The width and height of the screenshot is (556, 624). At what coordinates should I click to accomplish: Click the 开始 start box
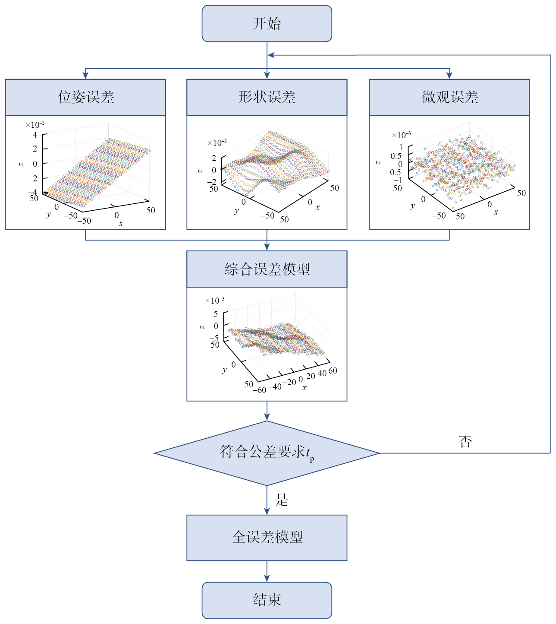tap(267, 24)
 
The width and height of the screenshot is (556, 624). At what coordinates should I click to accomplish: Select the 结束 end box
tap(267, 600)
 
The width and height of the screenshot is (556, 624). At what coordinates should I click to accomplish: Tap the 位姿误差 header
tap(85, 97)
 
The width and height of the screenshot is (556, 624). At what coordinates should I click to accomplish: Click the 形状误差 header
tap(267, 97)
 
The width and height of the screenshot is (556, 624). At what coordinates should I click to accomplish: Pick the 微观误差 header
tap(449, 97)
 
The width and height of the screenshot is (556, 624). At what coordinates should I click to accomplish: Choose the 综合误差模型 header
tap(267, 269)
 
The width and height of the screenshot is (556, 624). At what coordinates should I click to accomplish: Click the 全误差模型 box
tap(267, 537)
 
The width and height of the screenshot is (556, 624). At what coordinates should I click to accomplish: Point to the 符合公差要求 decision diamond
tap(267, 453)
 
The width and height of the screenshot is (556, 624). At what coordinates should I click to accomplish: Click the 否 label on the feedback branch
tap(465, 441)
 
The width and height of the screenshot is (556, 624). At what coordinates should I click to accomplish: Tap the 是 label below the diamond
tap(281, 500)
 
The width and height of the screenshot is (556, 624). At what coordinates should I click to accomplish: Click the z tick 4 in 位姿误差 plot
tap(35, 135)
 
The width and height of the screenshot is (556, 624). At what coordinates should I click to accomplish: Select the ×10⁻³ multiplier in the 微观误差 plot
tap(401, 135)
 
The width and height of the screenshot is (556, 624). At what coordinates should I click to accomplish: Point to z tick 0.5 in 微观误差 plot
tap(396, 156)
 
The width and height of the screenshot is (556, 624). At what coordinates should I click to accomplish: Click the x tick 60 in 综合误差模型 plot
tap(333, 371)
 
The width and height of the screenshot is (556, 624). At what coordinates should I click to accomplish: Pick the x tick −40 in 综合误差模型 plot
tap(275, 386)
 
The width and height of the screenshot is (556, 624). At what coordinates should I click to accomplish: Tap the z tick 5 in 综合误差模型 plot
tap(216, 314)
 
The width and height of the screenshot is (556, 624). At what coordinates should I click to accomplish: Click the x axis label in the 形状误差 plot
tap(318, 207)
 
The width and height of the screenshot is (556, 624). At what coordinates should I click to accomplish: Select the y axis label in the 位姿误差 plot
tap(48, 214)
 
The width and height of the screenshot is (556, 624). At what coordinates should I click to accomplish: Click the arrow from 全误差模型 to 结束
tap(267, 571)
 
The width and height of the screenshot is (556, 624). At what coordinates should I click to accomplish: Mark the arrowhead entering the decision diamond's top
tap(267, 417)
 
